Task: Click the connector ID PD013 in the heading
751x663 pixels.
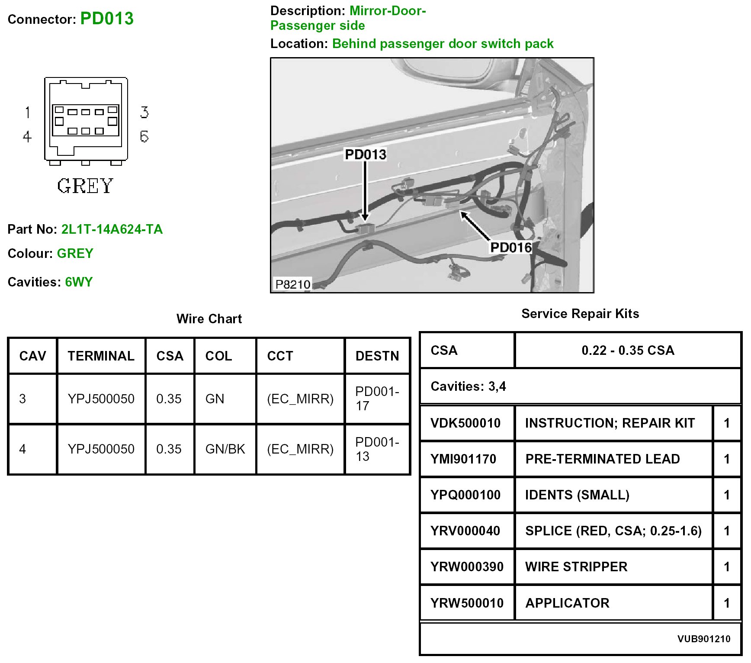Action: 107,19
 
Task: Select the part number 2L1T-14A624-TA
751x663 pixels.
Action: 112,229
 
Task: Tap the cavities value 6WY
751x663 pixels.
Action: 79,282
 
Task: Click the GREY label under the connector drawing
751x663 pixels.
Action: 85,186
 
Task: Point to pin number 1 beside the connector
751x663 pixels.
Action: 28,113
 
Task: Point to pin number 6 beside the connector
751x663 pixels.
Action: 144,136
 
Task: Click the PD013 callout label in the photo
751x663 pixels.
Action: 365,154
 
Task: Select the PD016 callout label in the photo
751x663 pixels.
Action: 510,248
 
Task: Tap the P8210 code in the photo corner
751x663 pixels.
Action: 293,284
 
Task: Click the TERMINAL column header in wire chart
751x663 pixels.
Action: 101,356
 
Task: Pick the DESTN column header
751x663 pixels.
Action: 377,356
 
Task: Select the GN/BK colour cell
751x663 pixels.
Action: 225,449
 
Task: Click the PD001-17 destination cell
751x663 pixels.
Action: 377,399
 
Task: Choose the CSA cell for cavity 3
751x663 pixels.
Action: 169,399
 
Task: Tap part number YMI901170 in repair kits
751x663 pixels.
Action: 463,459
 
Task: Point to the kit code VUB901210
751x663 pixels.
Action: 703,639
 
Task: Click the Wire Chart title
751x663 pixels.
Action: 209,319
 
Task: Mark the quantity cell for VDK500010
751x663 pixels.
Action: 727,423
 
